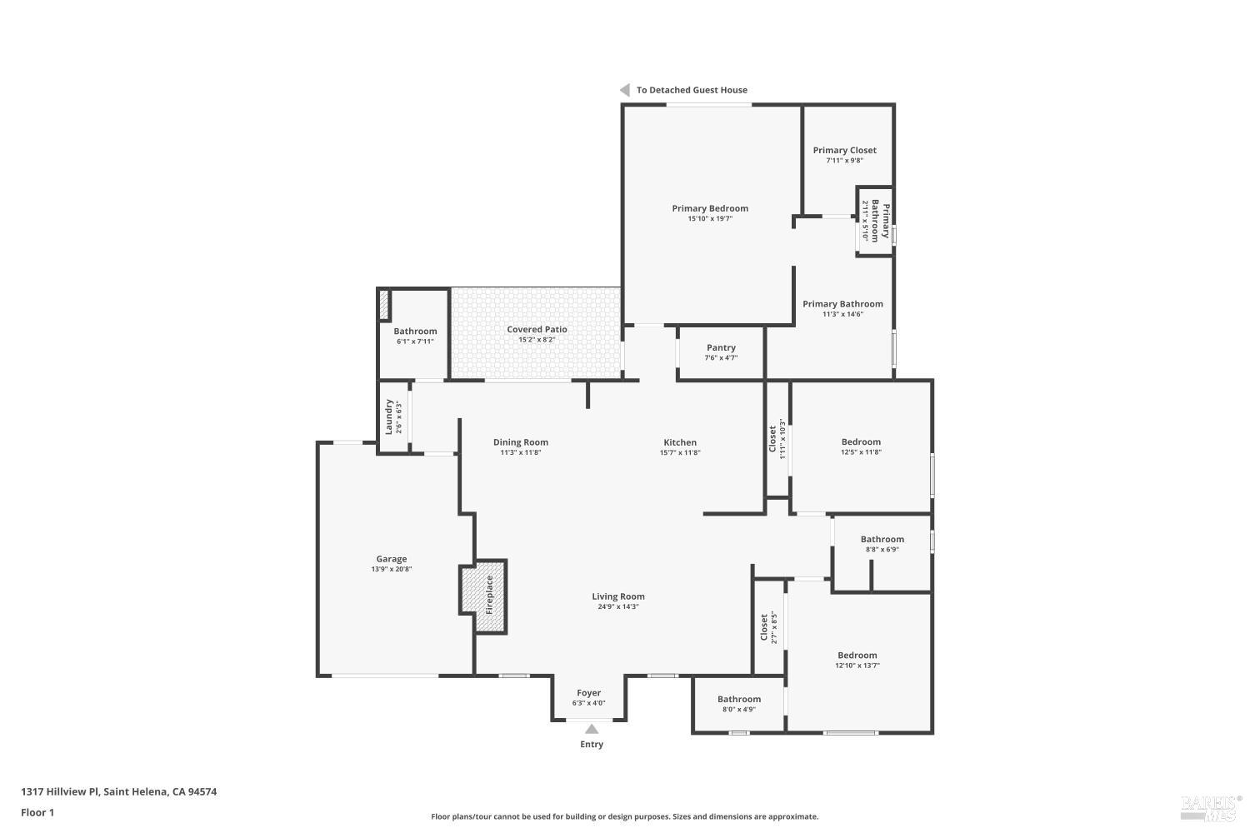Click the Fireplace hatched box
(484, 596)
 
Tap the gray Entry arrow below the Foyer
(592, 729)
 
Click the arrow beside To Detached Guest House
(625, 90)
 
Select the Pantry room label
(721, 347)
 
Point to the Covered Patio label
(537, 329)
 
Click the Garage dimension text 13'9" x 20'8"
(391, 569)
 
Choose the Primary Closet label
(844, 150)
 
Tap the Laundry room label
(389, 416)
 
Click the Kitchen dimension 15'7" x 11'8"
(680, 452)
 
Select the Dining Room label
(521, 441)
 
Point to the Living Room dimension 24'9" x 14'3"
(618, 606)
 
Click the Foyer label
(588, 692)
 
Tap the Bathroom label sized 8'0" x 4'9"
(739, 699)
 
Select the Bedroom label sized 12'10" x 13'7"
(857, 655)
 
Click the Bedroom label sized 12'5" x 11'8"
(861, 441)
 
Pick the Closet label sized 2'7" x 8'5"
(764, 627)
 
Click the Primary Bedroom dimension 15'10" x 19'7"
(710, 219)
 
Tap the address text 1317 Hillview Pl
(60, 791)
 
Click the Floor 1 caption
(37, 812)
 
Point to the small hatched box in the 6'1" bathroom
(384, 305)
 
